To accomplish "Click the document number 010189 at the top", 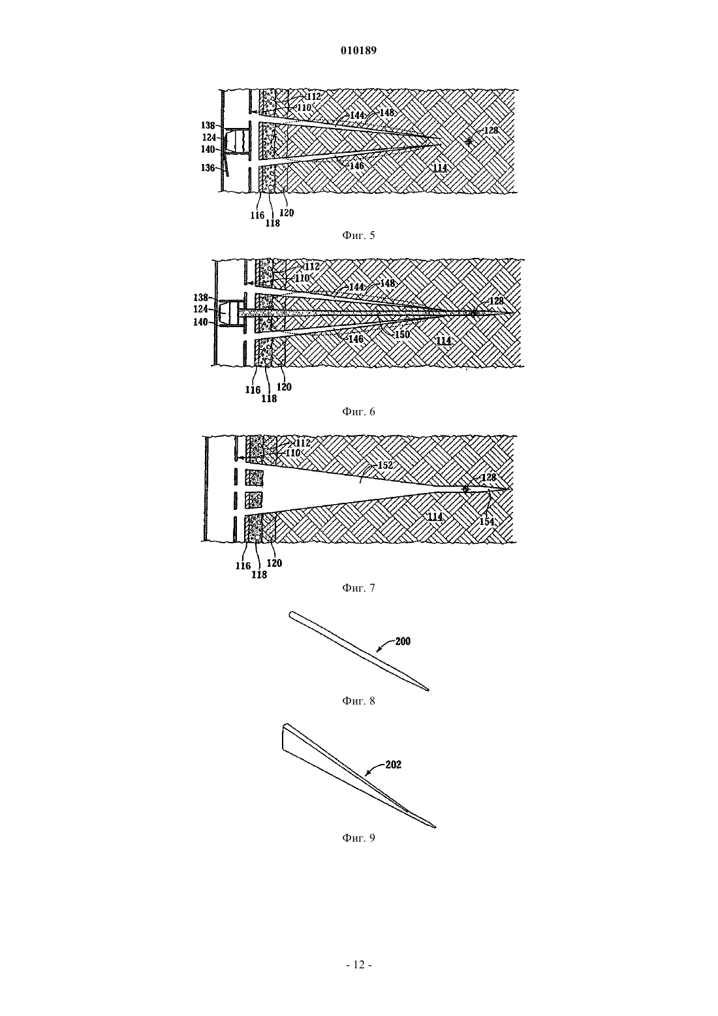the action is (x=358, y=51).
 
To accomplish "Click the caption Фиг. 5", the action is (x=358, y=235).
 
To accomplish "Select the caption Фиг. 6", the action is (x=358, y=411).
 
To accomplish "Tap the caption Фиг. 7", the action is (x=358, y=588).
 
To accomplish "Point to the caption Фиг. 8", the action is (x=358, y=701).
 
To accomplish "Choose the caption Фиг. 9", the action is (x=358, y=838).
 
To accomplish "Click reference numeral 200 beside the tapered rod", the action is (x=403, y=641).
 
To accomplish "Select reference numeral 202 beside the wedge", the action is (x=394, y=765).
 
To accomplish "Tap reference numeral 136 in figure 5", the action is (x=208, y=168).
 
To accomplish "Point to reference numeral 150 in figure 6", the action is (x=401, y=335).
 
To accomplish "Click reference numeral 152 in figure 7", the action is (x=385, y=466).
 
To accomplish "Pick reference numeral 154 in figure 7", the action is (x=487, y=522).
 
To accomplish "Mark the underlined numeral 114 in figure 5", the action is (x=440, y=167).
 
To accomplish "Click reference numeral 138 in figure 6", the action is (x=201, y=298).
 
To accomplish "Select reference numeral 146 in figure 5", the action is (x=357, y=166).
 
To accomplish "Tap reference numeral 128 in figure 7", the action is (x=488, y=477).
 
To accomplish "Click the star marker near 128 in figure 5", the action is (x=469, y=142).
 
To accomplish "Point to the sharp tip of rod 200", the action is (x=428, y=691).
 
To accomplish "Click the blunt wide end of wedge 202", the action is (x=283, y=739).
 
